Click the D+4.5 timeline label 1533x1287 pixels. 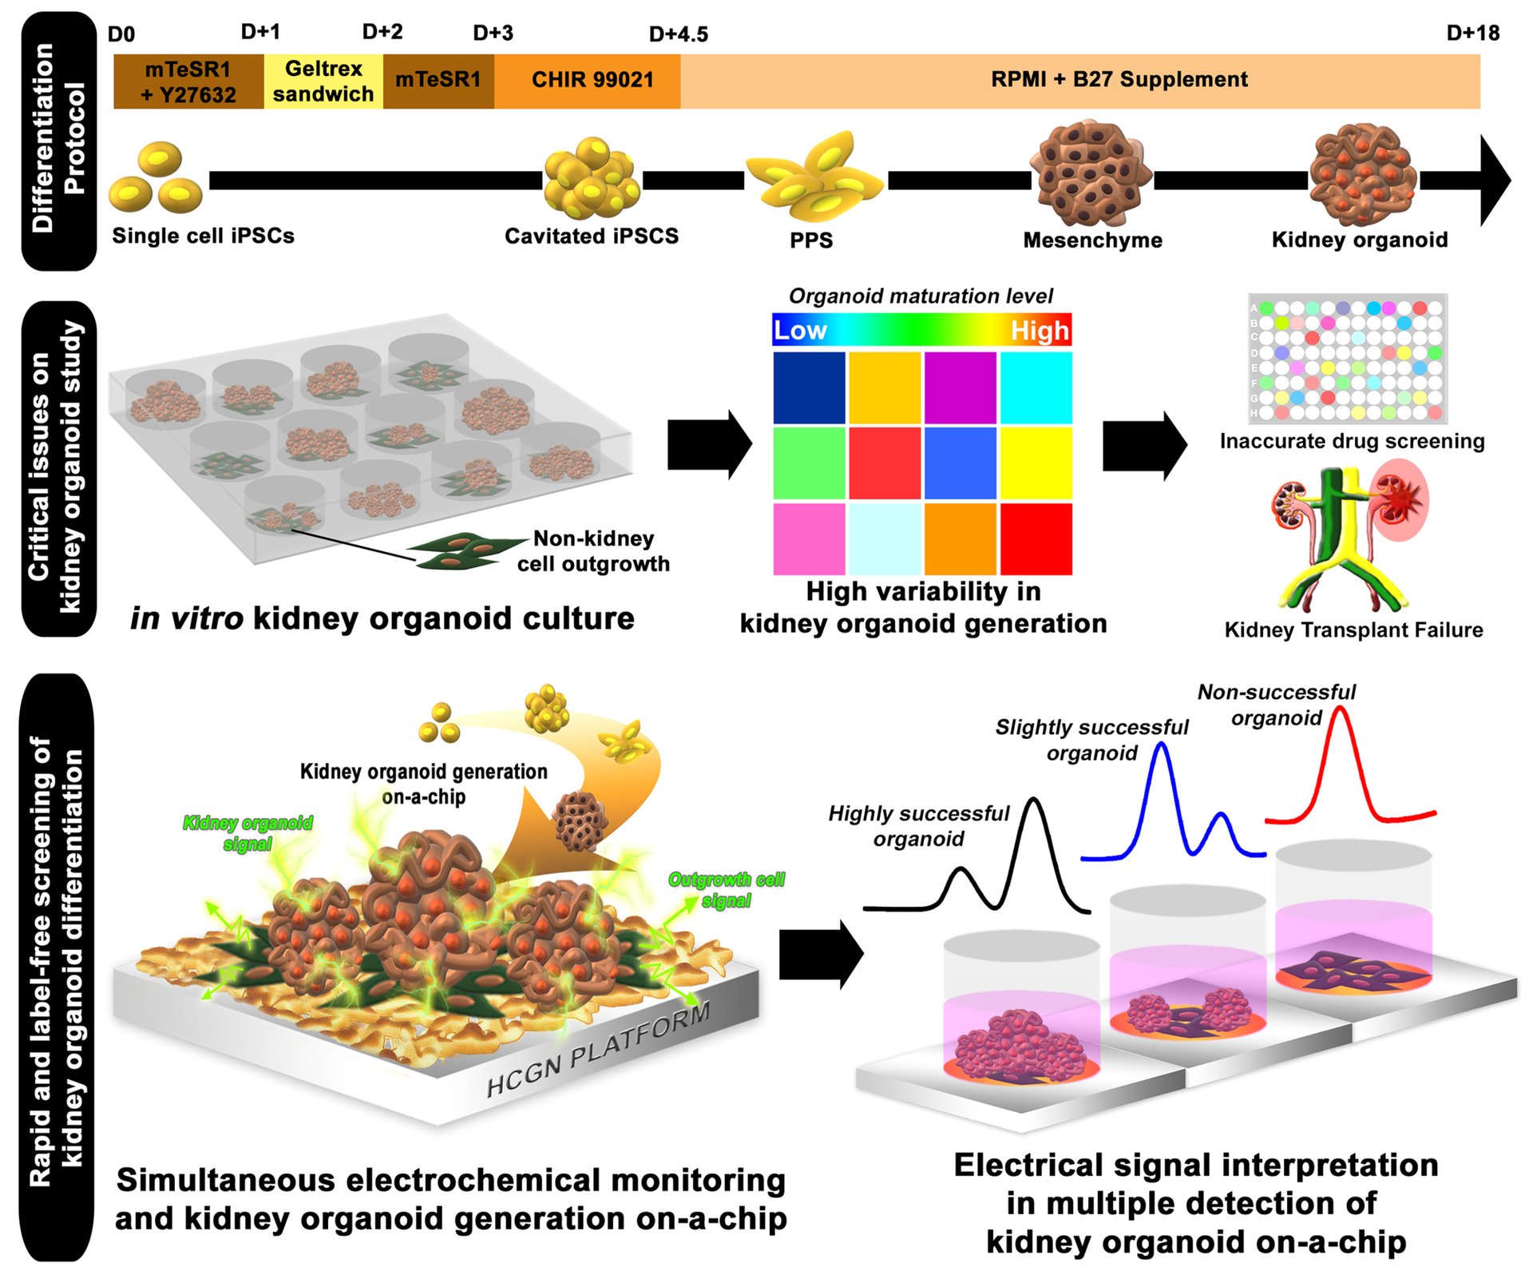tap(678, 34)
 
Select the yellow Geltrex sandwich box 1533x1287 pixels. tap(323, 81)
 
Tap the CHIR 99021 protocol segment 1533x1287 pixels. tap(588, 81)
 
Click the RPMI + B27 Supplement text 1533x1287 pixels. tap(1119, 79)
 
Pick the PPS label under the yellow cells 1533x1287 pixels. tap(811, 240)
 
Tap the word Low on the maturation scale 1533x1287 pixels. tap(799, 330)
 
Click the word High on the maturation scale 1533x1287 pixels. tap(1040, 330)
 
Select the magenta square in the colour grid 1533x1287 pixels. tap(961, 387)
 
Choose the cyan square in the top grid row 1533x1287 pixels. tap(1036, 387)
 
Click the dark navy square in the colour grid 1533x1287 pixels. tap(810, 387)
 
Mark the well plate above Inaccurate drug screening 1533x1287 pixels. tap(1348, 359)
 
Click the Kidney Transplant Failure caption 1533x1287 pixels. tap(1353, 630)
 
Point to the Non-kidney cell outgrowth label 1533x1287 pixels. tap(593, 550)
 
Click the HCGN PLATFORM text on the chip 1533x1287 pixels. tap(598, 1048)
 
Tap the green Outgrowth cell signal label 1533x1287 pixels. tap(727, 890)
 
